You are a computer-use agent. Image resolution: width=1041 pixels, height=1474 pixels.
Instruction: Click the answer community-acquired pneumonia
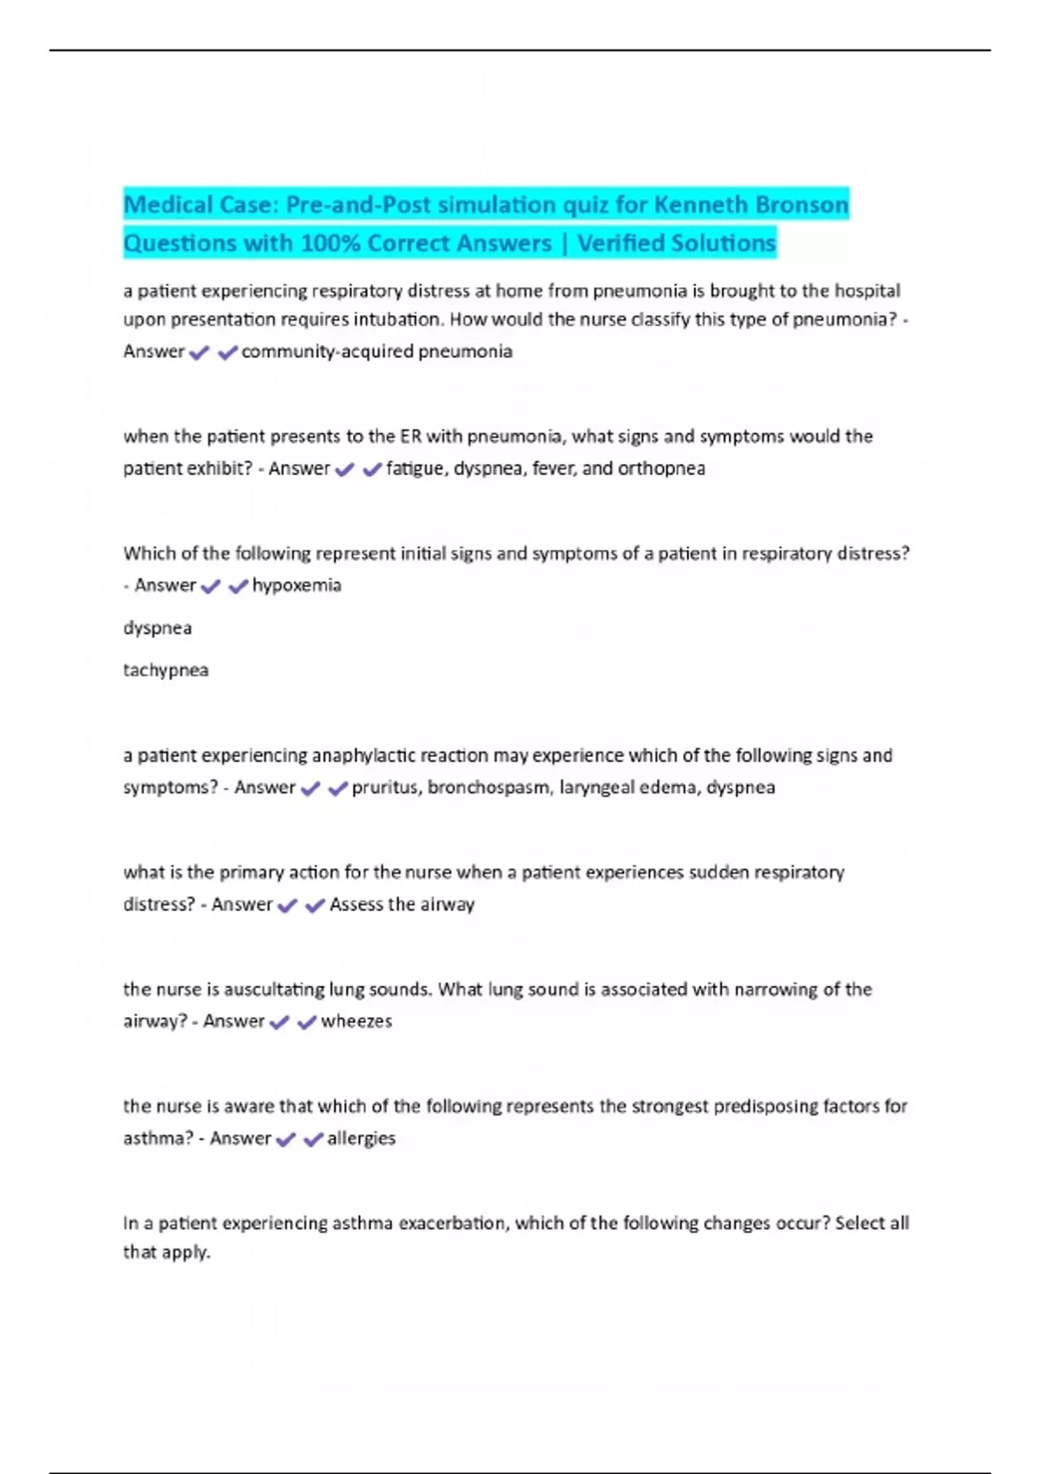tap(376, 352)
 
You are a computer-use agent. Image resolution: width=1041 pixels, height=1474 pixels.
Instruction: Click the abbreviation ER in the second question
tap(410, 436)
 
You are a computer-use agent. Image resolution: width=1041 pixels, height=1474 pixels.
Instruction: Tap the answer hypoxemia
tap(297, 586)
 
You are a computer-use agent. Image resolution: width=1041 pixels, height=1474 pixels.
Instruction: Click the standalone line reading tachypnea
tap(166, 670)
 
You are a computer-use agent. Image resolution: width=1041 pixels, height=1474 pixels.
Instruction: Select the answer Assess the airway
tap(402, 905)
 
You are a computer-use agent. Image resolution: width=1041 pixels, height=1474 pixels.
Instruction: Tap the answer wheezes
tap(357, 1022)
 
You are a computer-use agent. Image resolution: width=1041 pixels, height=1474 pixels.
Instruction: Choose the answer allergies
tap(361, 1139)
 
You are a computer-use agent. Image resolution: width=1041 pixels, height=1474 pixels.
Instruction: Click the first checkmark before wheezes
tap(279, 1023)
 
